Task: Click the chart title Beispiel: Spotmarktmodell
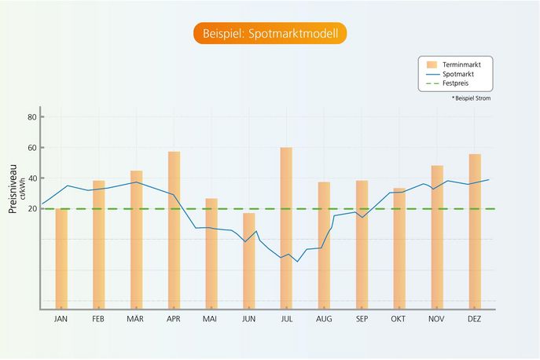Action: click(270, 34)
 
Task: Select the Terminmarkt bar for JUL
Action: click(286, 228)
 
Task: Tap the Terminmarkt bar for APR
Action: click(174, 230)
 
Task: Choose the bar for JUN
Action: click(248, 260)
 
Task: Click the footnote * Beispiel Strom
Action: click(471, 98)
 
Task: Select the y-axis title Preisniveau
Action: click(13, 193)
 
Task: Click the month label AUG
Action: click(324, 319)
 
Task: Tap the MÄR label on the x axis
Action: click(136, 319)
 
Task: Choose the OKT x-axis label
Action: click(399, 319)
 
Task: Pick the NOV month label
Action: click(436, 319)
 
